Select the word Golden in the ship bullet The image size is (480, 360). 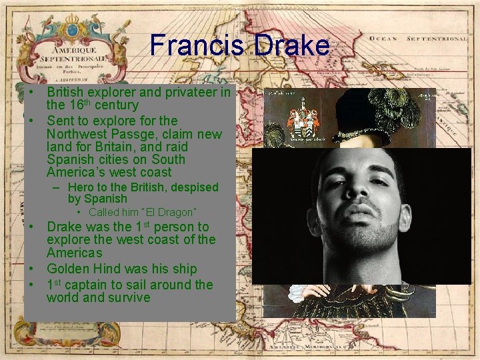click(69, 269)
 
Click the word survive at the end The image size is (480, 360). click(125, 297)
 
